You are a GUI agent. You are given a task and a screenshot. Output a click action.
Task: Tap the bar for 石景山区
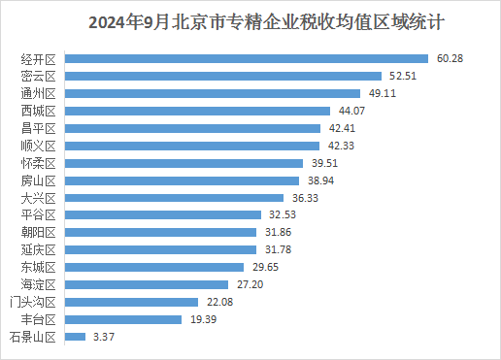pyautogui.click(x=75, y=337)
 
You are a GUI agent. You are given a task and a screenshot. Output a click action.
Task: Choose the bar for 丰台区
pyautogui.click(x=123, y=319)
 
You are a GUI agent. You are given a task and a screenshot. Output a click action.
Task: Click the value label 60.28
pyautogui.click(x=450, y=58)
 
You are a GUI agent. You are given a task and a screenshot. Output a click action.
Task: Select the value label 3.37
pyautogui.click(x=103, y=337)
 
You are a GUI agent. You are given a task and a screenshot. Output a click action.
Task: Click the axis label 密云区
pyautogui.click(x=39, y=76)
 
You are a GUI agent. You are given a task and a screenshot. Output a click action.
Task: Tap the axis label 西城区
pyautogui.click(x=39, y=111)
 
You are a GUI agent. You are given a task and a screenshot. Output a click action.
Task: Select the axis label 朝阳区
pyautogui.click(x=39, y=233)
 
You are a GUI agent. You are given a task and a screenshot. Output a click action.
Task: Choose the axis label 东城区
pyautogui.click(x=39, y=268)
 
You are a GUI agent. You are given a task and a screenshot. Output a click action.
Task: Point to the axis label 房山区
pyautogui.click(x=39, y=180)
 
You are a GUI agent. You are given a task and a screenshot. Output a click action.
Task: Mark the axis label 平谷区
pyautogui.click(x=39, y=215)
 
